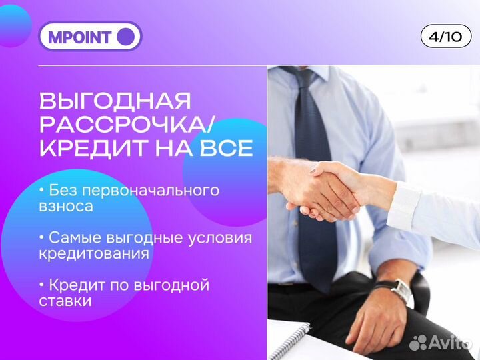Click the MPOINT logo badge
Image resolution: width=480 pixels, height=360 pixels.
tap(91, 37)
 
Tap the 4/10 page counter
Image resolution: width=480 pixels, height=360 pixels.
tap(445, 37)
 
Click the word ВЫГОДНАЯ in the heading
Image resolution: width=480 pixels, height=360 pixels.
tap(115, 101)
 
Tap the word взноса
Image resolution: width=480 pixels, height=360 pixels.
tap(66, 207)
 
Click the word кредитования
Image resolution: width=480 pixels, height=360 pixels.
tap(94, 254)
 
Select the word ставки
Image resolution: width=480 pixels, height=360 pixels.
tap(65, 301)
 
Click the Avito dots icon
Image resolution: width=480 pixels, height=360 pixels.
tap(419, 343)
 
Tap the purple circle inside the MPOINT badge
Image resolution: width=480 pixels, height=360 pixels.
tap(125, 37)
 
